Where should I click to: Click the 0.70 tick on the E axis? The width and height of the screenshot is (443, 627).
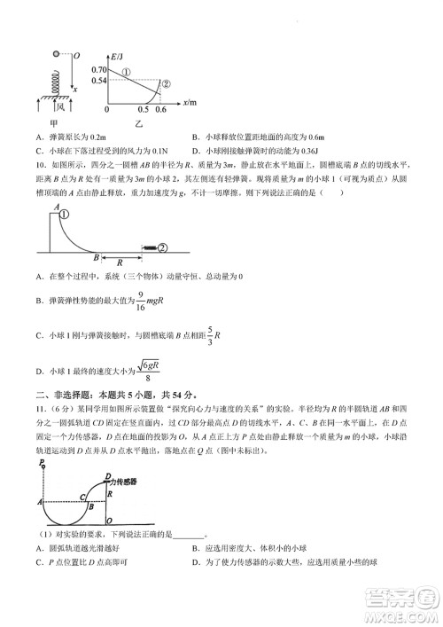pos(122,69)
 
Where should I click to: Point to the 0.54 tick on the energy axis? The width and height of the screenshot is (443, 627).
pos(122,80)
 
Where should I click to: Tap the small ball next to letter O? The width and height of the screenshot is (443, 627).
pos(58,55)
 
